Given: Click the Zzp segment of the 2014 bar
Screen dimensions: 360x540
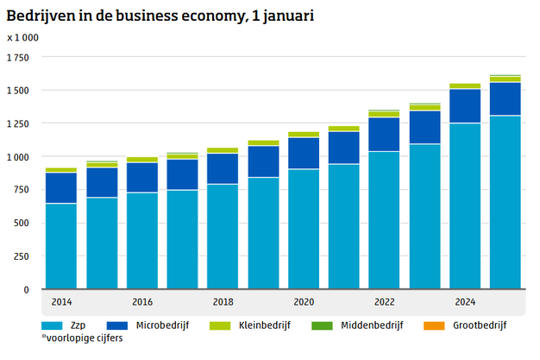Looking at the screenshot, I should [x=61, y=246].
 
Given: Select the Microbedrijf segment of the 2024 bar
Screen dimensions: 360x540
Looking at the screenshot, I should [x=465, y=105].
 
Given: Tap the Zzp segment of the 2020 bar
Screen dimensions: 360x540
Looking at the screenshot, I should [x=304, y=229].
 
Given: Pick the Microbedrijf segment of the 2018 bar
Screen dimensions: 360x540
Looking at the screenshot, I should [x=223, y=168].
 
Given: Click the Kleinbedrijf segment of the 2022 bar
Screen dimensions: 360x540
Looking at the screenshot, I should [x=384, y=114].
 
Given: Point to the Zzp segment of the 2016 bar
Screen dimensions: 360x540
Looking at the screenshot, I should [x=142, y=241].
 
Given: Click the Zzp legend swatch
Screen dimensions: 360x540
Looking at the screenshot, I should [x=52, y=326].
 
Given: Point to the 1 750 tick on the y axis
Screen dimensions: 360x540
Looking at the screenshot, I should [x=18, y=58].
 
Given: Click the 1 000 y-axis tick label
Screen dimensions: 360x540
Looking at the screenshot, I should [x=18, y=157].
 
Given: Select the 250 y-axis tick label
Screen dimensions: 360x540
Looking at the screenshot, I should [x=22, y=256].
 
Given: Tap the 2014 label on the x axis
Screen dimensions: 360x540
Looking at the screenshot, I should [x=61, y=302].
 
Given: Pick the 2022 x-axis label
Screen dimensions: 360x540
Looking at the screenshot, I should [x=384, y=302].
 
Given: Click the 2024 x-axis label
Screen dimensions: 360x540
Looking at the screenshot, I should [x=465, y=302].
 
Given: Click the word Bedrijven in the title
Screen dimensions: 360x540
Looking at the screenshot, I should [x=39, y=13].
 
